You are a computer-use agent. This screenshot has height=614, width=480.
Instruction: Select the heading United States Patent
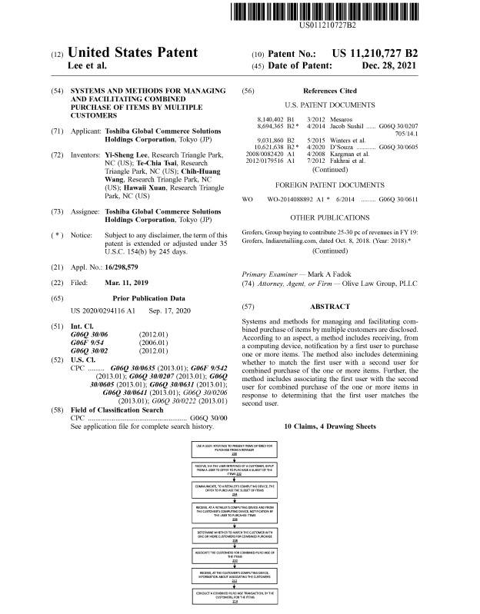[132, 54]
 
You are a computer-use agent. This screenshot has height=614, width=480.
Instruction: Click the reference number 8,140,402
[268, 120]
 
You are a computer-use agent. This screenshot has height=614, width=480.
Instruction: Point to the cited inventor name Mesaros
[348, 120]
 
